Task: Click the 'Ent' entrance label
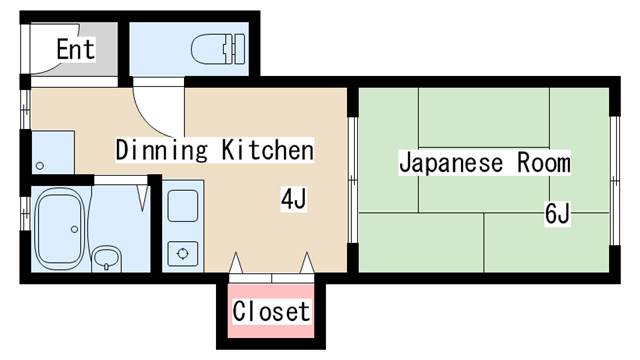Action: pyautogui.click(x=75, y=49)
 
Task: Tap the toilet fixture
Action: pyautogui.click(x=214, y=47)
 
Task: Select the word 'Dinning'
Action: pyautogui.click(x=161, y=151)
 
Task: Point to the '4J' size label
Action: pyautogui.click(x=292, y=200)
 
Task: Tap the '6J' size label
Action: pyautogui.click(x=557, y=213)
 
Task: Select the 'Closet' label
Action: pyautogui.click(x=271, y=312)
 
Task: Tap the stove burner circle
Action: pyautogui.click(x=182, y=253)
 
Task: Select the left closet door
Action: pyautogui.click(x=237, y=263)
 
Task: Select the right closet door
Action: pyautogui.click(x=306, y=263)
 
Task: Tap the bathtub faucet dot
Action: pyautogui.click(x=76, y=229)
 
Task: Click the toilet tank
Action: pyautogui.click(x=237, y=46)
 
